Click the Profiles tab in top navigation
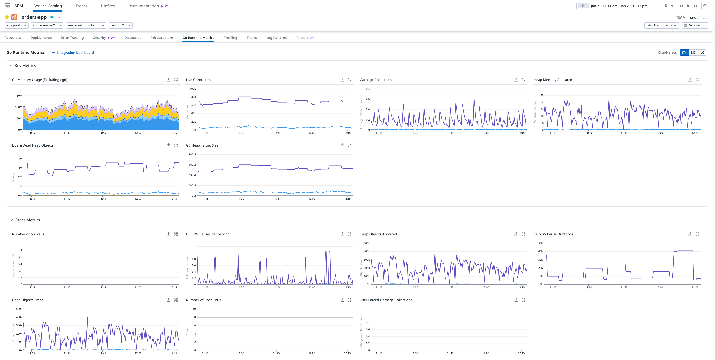tap(108, 6)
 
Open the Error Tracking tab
tap(72, 38)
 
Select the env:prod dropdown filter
tap(16, 25)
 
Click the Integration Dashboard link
tap(75, 53)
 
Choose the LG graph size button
tap(702, 53)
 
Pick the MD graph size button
tap(693, 53)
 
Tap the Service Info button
tap(695, 25)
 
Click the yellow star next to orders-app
tap(7, 17)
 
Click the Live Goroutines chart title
tap(198, 80)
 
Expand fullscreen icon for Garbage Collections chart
tap(524, 80)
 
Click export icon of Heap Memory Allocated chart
tap(690, 80)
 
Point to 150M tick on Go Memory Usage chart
tap(19, 96)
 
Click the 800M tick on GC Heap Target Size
tap(192, 155)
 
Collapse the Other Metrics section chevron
tap(11, 220)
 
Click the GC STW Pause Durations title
tap(553, 234)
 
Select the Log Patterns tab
tap(276, 38)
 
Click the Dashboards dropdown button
tap(662, 25)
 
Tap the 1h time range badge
tap(583, 6)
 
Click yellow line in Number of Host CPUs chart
tap(275, 317)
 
